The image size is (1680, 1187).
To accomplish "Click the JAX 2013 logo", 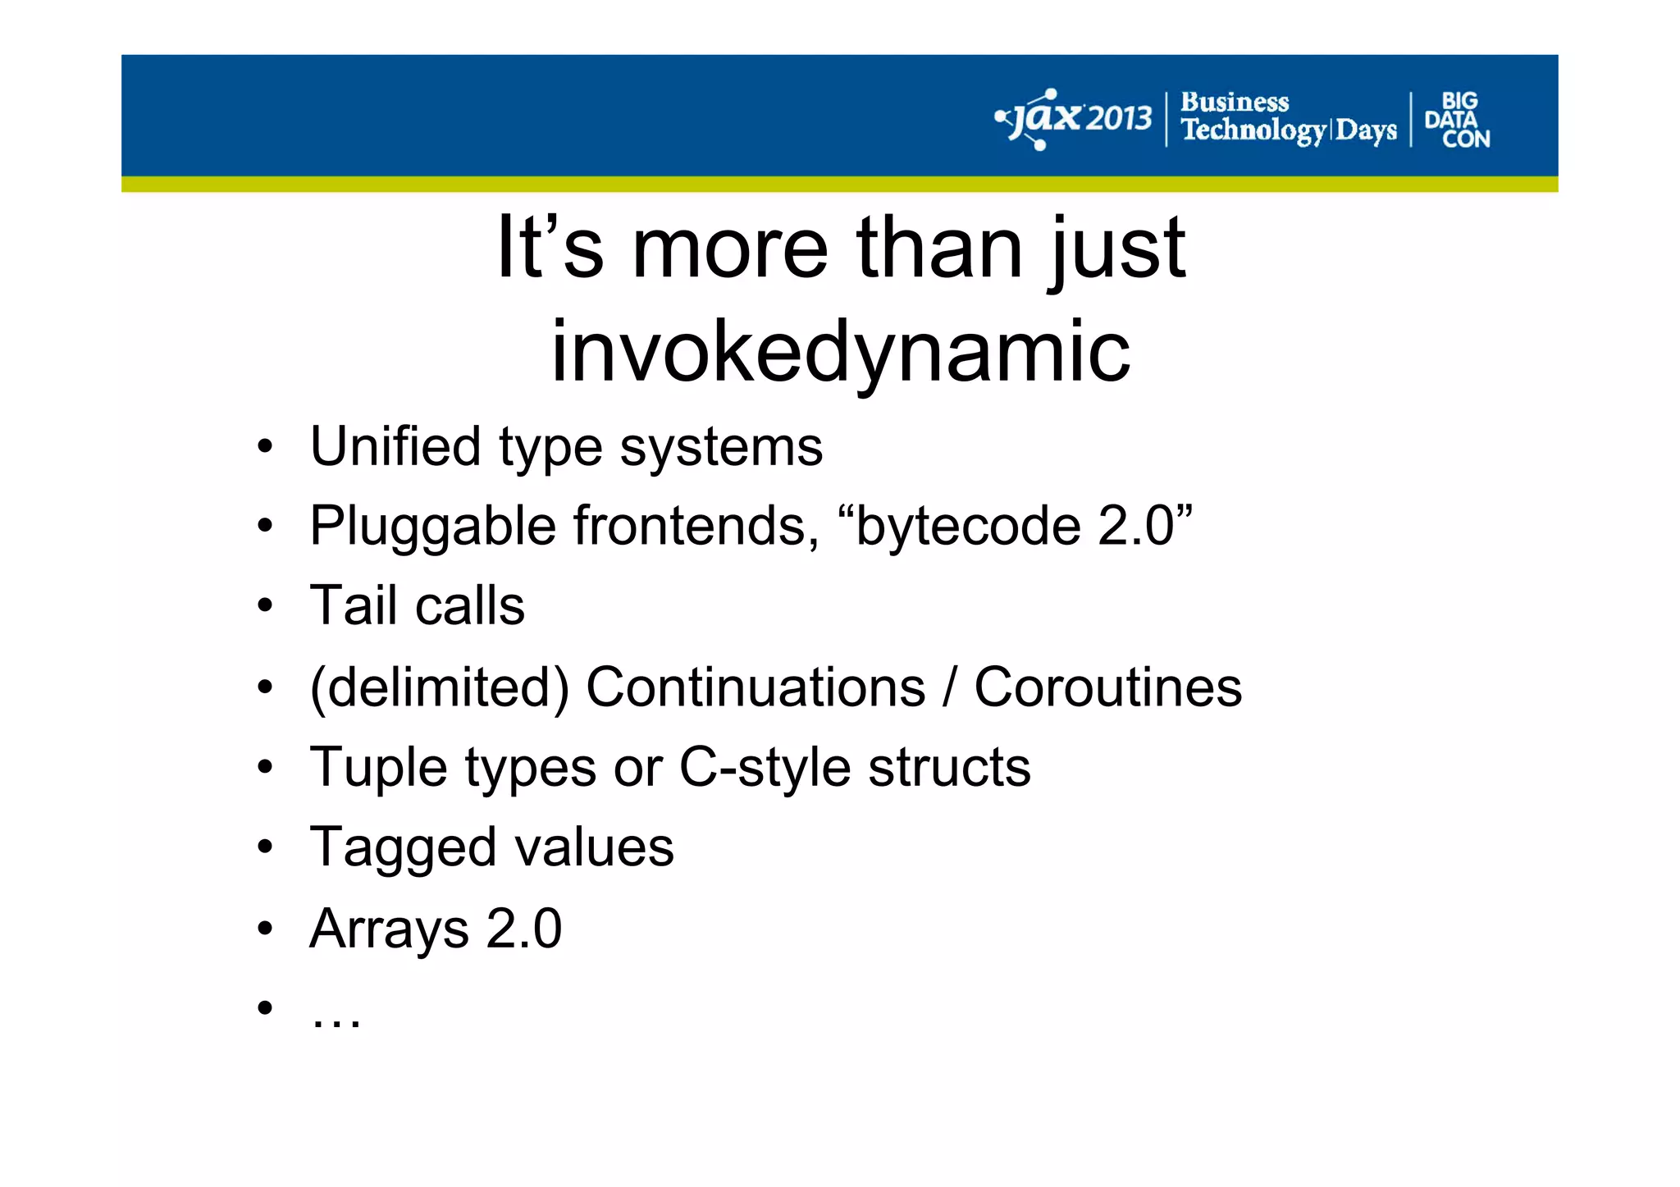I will click(1075, 120).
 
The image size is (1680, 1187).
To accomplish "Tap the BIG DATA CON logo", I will click(1457, 120).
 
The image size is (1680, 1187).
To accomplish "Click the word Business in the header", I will click(1235, 103).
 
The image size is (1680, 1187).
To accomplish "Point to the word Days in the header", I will click(1366, 130).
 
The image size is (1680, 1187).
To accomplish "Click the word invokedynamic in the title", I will click(841, 352).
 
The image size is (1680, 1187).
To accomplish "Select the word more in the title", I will click(730, 248).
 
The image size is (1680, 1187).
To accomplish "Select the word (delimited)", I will click(440, 687).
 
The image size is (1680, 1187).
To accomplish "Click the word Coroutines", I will click(1107, 687).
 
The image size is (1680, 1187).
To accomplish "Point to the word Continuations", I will click(756, 687).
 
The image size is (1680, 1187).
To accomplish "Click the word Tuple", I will click(379, 768).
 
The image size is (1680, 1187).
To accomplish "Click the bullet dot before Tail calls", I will click(264, 606).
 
